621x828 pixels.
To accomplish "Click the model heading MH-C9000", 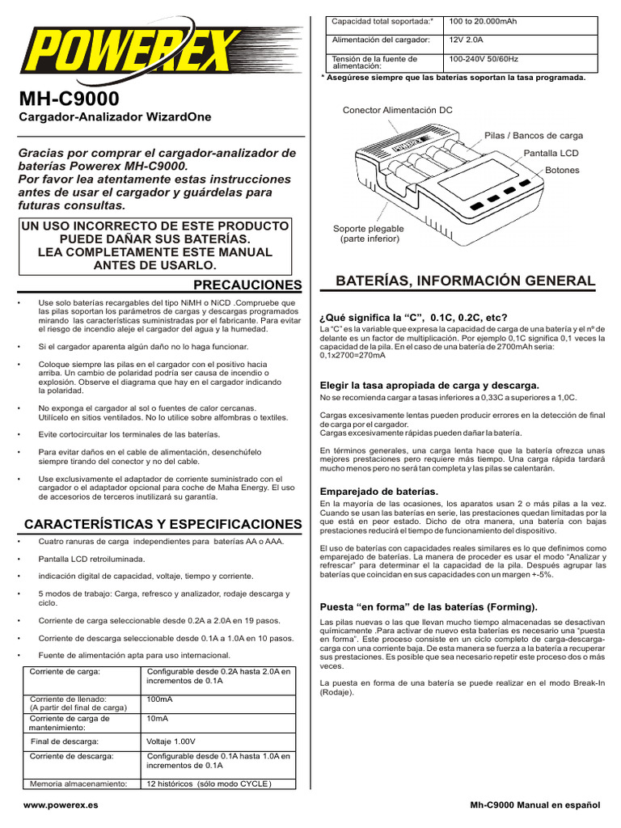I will [69, 99].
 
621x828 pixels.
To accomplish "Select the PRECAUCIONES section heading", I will [248, 285].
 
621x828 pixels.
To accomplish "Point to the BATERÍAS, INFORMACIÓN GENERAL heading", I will [466, 281].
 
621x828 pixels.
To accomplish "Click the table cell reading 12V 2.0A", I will [467, 40].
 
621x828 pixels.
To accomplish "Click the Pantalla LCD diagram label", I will [552, 154].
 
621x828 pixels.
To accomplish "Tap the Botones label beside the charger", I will [562, 171].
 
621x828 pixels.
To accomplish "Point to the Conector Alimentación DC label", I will [397, 109].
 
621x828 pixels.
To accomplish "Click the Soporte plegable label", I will [369, 234].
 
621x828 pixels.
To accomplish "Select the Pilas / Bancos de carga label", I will [533, 136].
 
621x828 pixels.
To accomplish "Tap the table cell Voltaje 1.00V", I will [171, 741].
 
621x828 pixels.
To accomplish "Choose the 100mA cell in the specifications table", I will [159, 699].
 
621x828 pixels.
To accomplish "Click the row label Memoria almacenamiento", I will [78, 784].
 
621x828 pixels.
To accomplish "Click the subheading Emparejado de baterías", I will [379, 492].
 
